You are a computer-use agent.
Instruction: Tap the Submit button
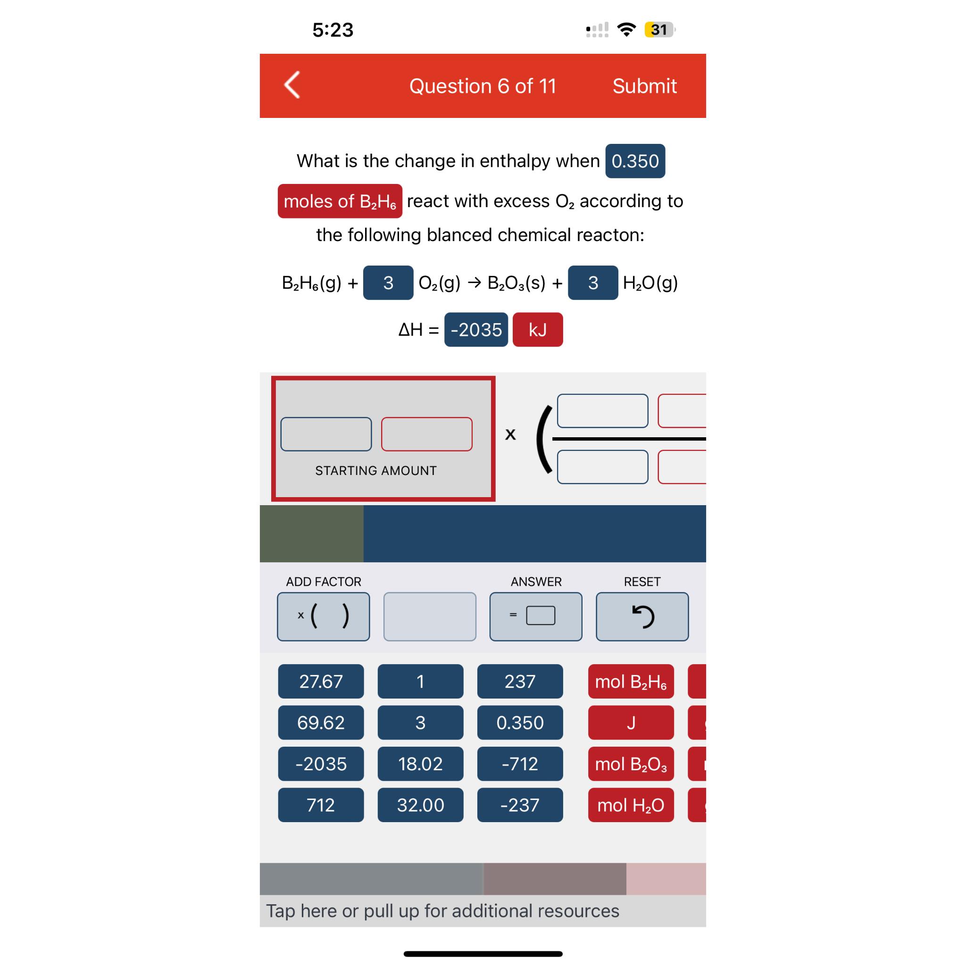point(644,86)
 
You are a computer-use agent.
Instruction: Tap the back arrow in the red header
point(292,85)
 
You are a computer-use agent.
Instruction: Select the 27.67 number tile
point(321,681)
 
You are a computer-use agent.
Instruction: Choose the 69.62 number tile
point(321,723)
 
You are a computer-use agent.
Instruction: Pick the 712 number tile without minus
point(321,805)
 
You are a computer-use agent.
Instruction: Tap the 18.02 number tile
point(420,764)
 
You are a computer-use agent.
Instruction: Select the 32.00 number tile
point(420,805)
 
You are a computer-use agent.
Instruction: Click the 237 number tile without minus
point(520,681)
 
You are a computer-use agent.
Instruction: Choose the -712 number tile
point(520,764)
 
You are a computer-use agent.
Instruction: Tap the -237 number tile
point(520,805)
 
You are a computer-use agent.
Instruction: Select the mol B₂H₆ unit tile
point(631,681)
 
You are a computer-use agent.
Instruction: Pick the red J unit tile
point(631,723)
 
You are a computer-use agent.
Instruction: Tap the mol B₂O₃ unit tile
point(631,764)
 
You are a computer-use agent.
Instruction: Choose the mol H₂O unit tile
point(631,805)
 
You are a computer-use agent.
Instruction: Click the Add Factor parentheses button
point(324,616)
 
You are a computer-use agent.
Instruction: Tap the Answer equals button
point(536,616)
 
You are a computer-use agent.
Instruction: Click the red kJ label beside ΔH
point(538,330)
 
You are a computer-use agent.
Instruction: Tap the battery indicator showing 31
point(659,30)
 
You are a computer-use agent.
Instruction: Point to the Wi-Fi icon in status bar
point(626,30)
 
